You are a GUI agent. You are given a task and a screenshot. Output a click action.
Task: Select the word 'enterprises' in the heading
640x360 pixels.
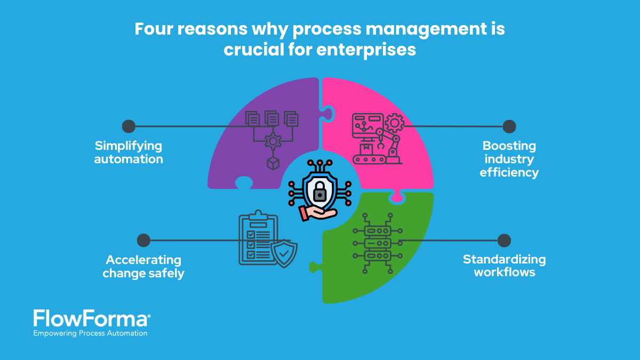366,50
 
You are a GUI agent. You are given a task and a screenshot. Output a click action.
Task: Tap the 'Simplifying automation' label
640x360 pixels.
129,153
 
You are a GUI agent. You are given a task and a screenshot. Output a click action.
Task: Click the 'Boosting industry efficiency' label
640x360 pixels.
509,159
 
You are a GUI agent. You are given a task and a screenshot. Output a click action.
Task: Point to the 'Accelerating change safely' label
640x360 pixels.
143,267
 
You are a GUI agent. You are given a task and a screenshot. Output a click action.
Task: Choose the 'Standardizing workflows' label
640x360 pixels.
505,266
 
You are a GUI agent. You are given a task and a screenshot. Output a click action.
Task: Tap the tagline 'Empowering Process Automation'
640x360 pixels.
90,333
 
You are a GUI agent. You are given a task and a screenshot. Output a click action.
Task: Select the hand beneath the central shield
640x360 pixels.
318,213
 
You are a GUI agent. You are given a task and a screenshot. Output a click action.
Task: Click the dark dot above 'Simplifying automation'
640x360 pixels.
129,126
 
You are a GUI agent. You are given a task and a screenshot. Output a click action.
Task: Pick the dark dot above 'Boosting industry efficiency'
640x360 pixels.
509,126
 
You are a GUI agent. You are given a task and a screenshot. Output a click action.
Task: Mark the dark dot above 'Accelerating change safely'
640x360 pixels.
143,241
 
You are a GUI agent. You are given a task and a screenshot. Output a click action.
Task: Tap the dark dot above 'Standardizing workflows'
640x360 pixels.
504,241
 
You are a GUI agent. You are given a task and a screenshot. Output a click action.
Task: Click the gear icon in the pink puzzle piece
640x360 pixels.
395,123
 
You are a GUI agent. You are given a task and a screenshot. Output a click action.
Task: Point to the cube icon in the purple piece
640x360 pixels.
273,163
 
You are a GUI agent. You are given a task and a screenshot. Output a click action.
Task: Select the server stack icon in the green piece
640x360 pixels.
378,243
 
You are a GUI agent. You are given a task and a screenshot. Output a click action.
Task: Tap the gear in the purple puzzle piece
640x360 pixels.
273,141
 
